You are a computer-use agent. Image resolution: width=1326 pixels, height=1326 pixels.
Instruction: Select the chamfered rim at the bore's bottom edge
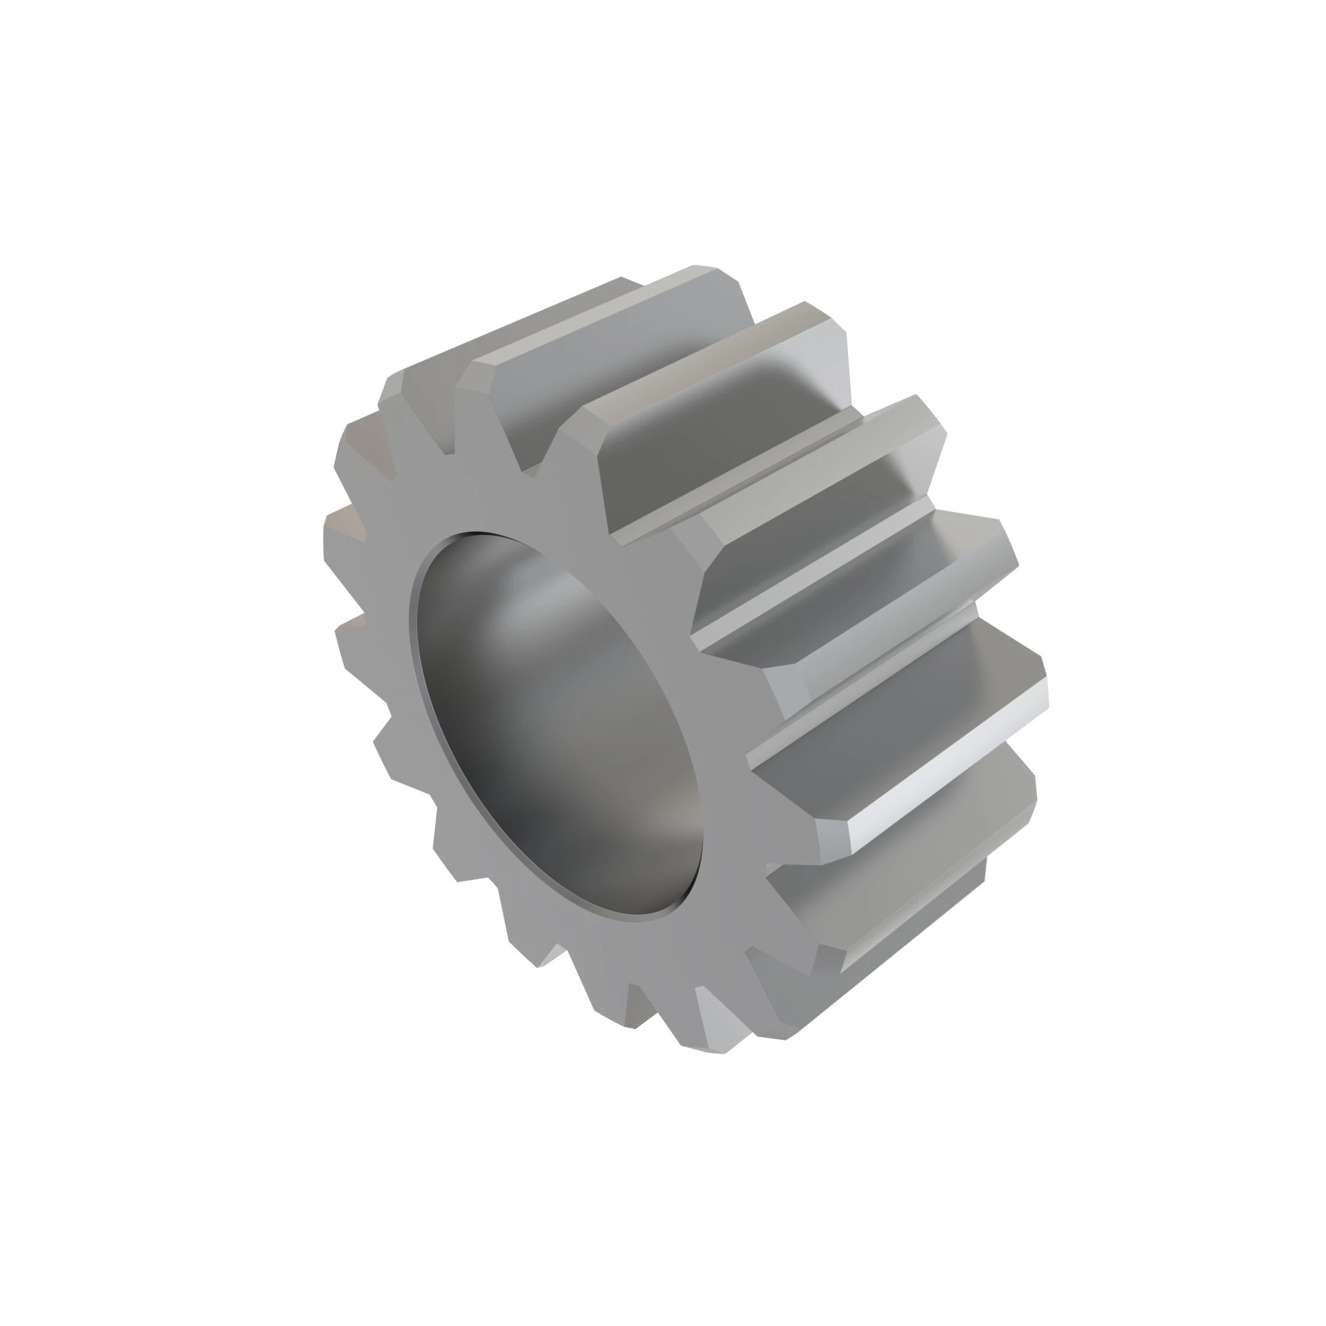tap(618, 916)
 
